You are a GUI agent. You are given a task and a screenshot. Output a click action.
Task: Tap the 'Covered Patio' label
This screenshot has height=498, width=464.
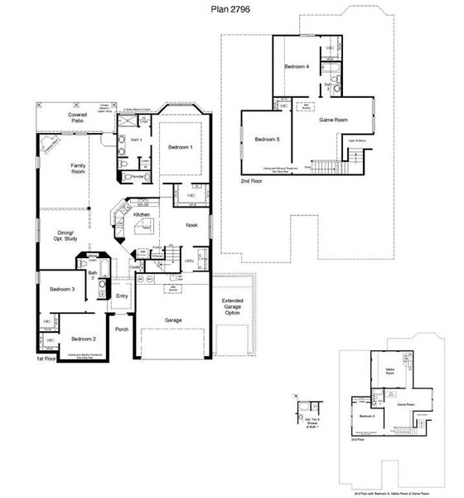click(x=76, y=117)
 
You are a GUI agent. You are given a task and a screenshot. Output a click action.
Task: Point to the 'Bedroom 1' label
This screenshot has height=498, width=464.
click(x=181, y=147)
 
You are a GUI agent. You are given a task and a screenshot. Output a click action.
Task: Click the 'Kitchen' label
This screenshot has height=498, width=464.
click(x=142, y=215)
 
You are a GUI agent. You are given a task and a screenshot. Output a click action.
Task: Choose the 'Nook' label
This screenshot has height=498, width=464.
click(x=191, y=226)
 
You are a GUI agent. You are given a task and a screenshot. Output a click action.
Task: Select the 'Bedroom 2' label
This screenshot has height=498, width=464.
click(x=83, y=339)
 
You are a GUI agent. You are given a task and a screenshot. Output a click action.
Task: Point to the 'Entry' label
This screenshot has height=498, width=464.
click(x=122, y=296)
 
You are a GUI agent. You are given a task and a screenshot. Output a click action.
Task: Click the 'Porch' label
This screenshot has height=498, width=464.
click(x=122, y=330)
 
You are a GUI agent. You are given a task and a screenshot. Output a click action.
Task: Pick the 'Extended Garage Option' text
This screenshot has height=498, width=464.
click(x=232, y=306)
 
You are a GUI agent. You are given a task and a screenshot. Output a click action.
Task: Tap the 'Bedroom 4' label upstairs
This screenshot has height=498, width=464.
click(x=297, y=67)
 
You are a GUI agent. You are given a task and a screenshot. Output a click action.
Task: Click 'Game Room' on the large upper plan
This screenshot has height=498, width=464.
click(x=333, y=120)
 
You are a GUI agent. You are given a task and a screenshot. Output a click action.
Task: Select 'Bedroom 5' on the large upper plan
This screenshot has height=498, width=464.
click(x=268, y=139)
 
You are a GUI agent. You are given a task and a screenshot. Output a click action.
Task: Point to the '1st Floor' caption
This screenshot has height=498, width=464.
click(x=46, y=359)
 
